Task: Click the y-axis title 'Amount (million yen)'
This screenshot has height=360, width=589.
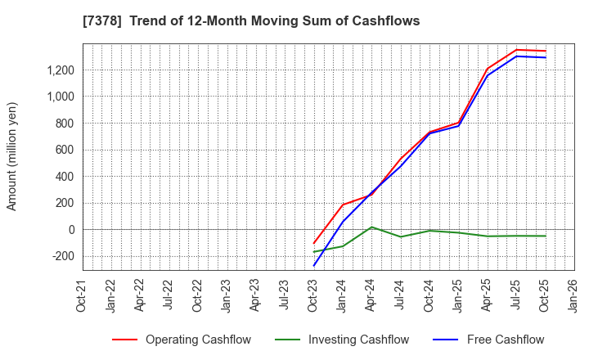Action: click(12, 156)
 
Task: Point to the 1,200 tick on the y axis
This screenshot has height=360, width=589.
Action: click(59, 70)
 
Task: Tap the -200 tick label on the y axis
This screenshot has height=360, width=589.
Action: click(63, 256)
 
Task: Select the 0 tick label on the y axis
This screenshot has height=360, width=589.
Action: click(72, 230)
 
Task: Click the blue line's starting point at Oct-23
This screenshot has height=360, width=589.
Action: click(314, 266)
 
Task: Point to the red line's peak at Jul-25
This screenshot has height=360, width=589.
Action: click(516, 50)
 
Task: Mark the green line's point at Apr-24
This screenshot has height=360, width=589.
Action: click(371, 227)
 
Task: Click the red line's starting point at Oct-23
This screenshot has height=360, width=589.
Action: click(314, 244)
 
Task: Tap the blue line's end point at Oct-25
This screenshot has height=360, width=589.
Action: click(546, 57)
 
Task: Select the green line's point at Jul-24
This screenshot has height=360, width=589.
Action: click(401, 236)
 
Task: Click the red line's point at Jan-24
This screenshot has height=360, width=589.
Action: click(343, 205)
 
